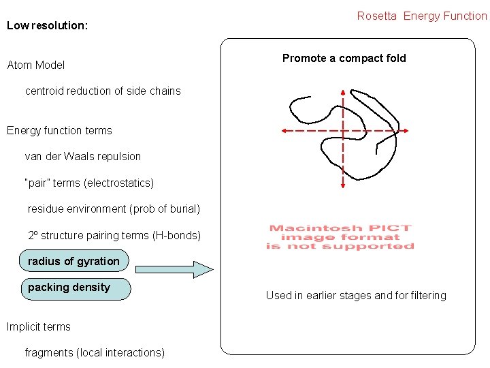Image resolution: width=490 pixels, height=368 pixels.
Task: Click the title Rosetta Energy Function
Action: pyautogui.click(x=422, y=16)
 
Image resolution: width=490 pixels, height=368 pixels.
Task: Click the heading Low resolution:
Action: pyautogui.click(x=47, y=26)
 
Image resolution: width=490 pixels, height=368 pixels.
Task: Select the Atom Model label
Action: pyautogui.click(x=36, y=65)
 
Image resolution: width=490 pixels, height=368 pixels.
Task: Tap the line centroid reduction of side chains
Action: pyautogui.click(x=103, y=91)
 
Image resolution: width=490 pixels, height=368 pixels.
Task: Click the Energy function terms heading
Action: pyautogui.click(x=59, y=131)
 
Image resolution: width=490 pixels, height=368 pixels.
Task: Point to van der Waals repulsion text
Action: pyautogui.click(x=83, y=157)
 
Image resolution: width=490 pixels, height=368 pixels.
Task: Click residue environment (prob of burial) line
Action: pyautogui.click(x=114, y=209)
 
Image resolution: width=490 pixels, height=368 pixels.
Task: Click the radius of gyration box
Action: pyautogui.click(x=75, y=262)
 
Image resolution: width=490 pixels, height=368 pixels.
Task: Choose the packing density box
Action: pyautogui.click(x=75, y=288)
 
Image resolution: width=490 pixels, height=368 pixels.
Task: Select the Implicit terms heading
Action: pyautogui.click(x=39, y=327)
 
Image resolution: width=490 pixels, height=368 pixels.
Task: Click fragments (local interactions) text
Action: pyautogui.click(x=95, y=353)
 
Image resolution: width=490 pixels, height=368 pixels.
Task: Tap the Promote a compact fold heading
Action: pyautogui.click(x=344, y=59)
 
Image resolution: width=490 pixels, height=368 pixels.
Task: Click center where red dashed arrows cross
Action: pyautogui.click(x=342, y=130)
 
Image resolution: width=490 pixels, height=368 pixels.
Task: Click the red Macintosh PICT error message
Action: pyautogui.click(x=340, y=237)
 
